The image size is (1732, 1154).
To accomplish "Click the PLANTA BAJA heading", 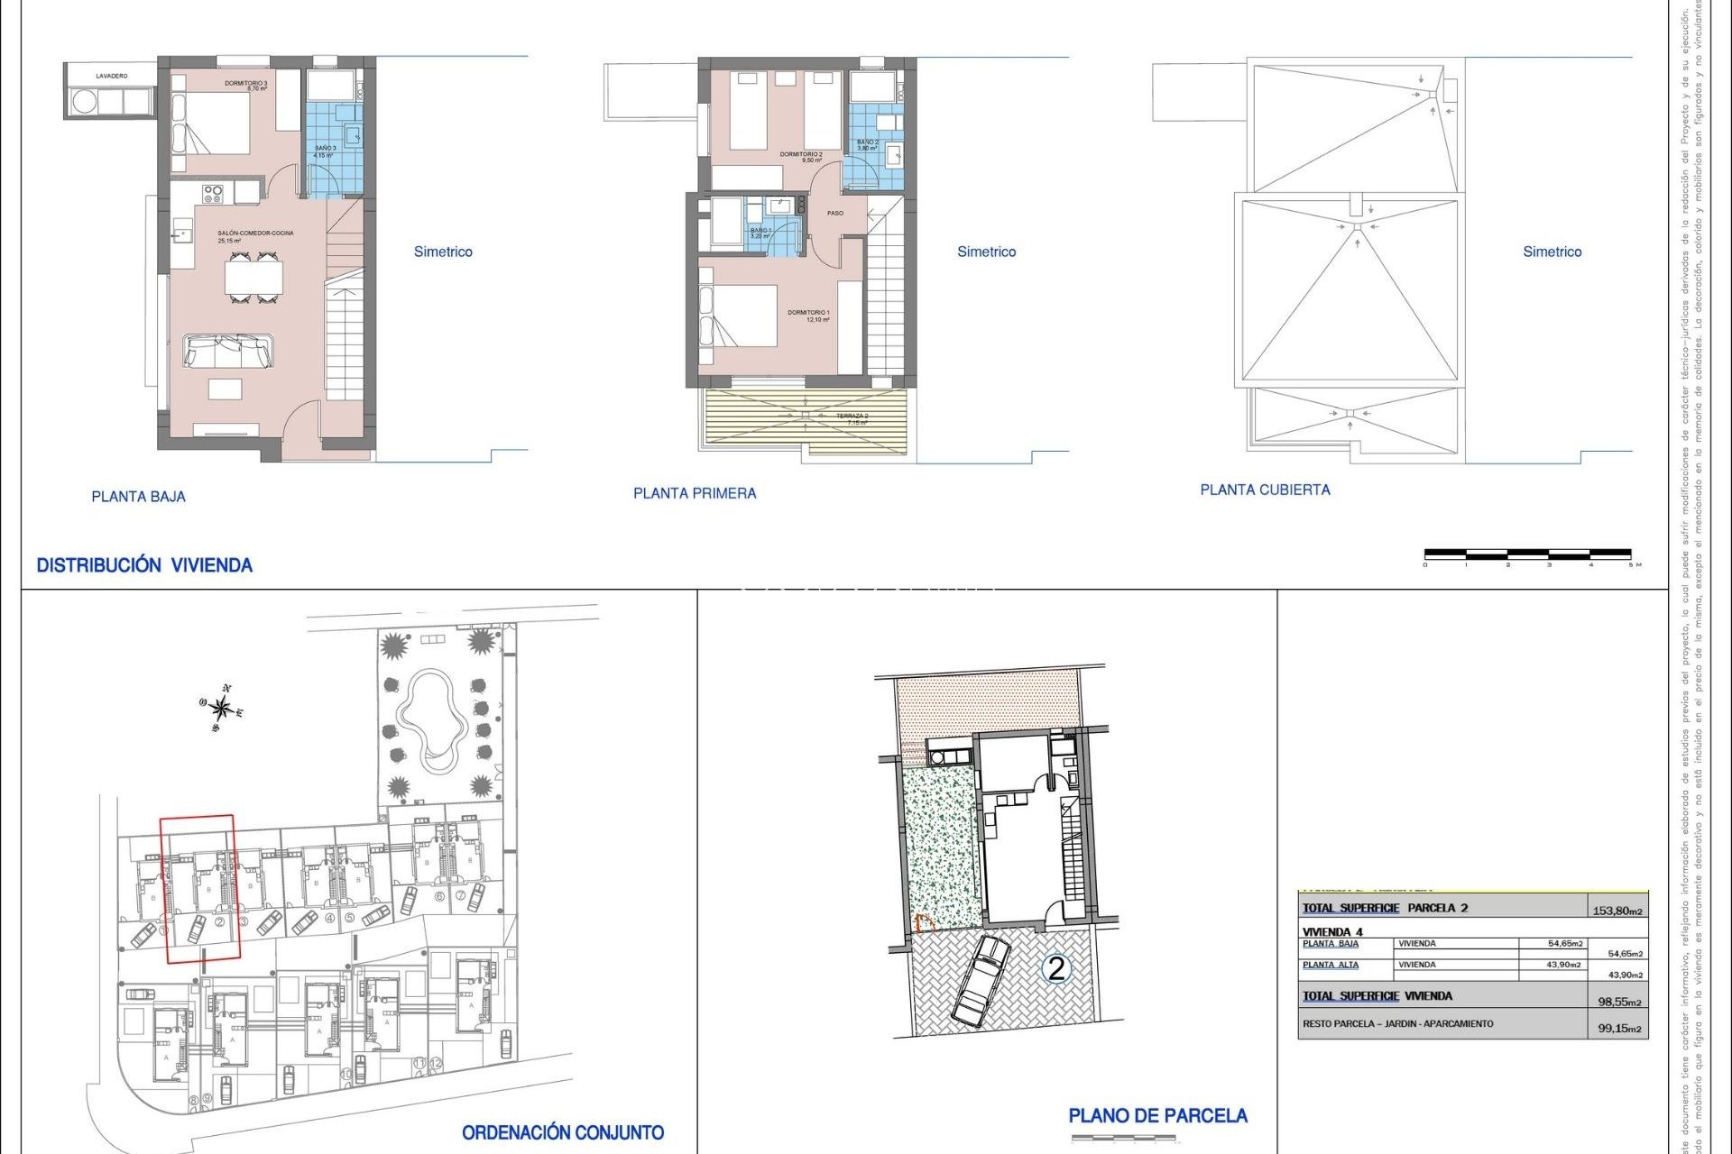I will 138,497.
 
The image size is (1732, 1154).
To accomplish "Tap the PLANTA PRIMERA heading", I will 695,493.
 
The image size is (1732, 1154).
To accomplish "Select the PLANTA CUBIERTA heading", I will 1265,490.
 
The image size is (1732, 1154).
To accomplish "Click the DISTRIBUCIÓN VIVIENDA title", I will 144,565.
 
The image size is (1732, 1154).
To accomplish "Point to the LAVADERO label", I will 112,77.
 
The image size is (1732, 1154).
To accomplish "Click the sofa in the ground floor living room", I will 228,351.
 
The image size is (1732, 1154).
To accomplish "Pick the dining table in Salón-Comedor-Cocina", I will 253,277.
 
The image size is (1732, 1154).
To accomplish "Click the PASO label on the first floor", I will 835,214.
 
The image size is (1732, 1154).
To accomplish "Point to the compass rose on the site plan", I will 221,708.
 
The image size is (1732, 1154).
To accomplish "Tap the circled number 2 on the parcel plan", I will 1055,968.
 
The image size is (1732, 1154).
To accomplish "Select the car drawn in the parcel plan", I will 981,980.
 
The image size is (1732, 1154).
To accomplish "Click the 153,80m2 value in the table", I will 1617,911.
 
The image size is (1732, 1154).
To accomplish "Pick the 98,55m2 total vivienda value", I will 1619,1002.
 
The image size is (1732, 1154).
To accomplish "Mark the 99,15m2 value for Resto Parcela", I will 1619,1028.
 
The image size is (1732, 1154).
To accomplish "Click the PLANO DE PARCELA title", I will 1157,1116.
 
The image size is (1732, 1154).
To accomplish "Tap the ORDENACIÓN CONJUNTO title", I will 563,1133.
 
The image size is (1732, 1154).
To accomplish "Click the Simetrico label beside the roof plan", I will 1552,252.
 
